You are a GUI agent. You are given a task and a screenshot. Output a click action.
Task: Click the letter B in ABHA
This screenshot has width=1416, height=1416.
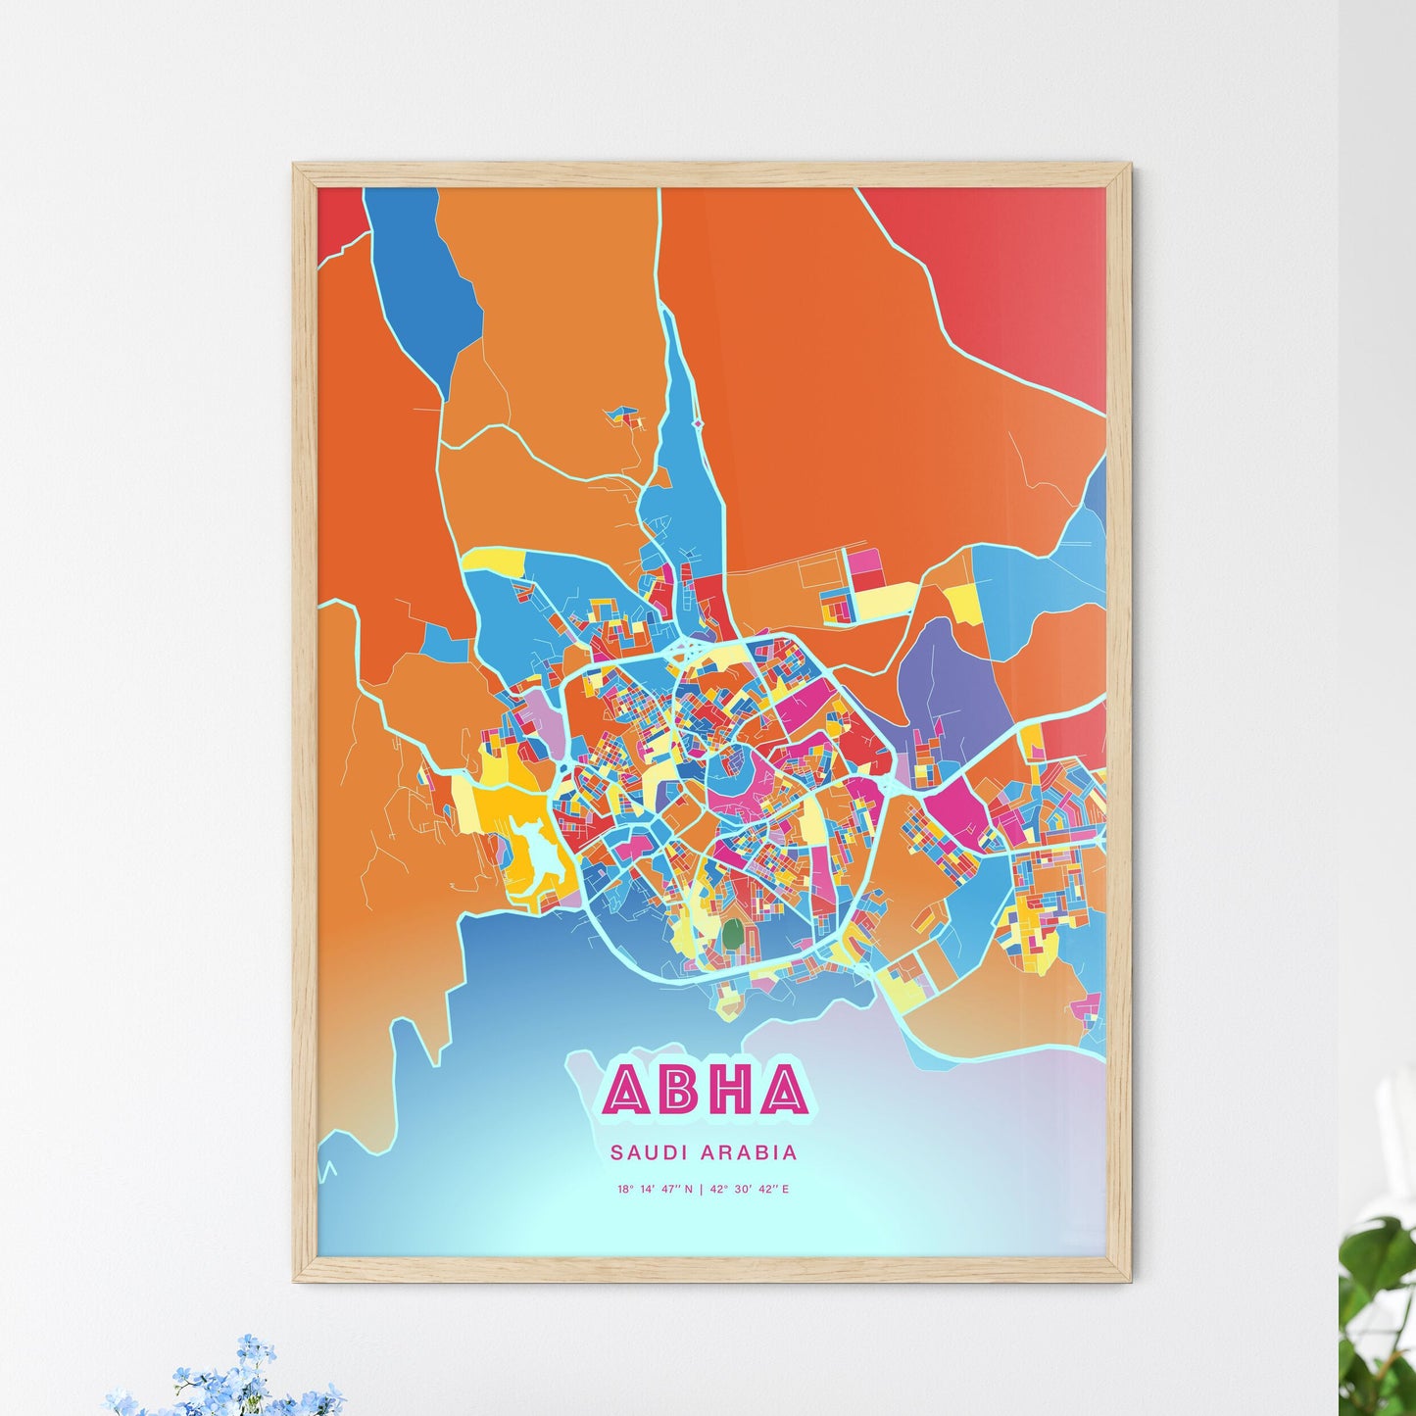[x=680, y=1090]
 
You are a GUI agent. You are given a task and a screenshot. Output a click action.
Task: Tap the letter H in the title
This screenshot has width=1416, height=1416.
[x=730, y=1090]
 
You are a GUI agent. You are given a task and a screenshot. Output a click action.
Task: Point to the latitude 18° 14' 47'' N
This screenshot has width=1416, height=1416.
[x=655, y=1190]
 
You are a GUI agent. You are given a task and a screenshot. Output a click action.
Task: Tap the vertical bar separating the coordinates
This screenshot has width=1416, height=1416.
[x=701, y=1190]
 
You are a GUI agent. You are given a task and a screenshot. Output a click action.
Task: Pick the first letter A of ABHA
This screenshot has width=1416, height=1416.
[x=628, y=1090]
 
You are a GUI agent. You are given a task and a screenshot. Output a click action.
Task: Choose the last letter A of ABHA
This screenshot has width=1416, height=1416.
[x=782, y=1090]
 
